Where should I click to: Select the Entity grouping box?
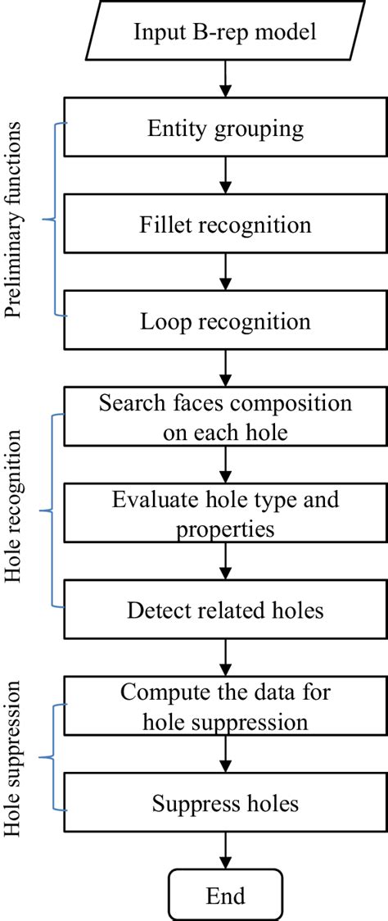[x=226, y=128]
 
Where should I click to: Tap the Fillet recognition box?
[x=226, y=224]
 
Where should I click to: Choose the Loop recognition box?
[x=226, y=320]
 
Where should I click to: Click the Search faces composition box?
[x=226, y=417]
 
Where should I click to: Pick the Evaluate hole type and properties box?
[x=226, y=513]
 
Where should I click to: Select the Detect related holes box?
[x=226, y=610]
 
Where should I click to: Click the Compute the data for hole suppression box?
[x=226, y=705]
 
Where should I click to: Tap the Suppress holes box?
[x=226, y=802]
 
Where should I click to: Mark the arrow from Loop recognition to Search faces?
[x=226, y=368]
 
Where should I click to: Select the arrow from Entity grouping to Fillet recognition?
[x=226, y=175]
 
